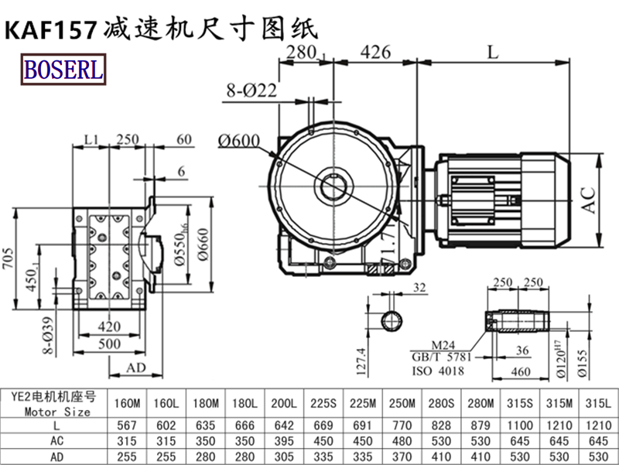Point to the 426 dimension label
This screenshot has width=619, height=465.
(374, 53)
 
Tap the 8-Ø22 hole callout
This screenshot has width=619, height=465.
(251, 90)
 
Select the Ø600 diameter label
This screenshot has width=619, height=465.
(238, 140)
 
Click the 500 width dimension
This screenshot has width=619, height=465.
(108, 344)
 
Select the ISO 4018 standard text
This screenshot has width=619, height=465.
(438, 371)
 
